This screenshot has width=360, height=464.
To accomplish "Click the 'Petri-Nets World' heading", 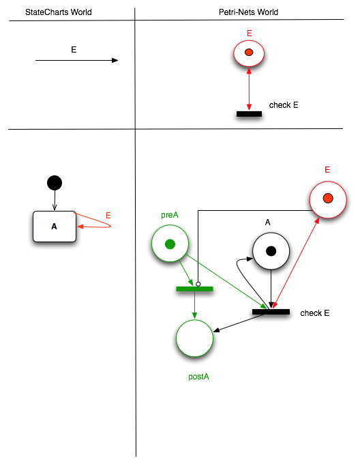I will [x=249, y=12].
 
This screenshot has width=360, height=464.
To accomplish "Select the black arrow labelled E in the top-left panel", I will [x=76, y=61].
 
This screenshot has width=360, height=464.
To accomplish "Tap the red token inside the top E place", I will [x=249, y=53].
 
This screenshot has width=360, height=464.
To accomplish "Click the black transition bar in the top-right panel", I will [x=249, y=114].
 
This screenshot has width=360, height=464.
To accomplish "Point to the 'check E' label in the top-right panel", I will [x=284, y=105].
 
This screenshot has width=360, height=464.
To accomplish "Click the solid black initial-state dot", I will [x=55, y=183].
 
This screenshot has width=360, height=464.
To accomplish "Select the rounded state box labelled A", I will [x=55, y=226].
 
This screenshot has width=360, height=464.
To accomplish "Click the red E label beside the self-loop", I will [x=108, y=216].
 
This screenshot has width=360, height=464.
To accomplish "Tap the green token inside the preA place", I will [x=170, y=244].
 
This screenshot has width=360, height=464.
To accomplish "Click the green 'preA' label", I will [x=170, y=215].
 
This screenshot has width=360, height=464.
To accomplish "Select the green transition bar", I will [x=194, y=289].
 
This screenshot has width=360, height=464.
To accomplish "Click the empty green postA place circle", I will [x=195, y=338].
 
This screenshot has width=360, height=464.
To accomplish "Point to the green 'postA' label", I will [x=198, y=376].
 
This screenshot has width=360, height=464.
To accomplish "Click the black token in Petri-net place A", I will [x=271, y=251].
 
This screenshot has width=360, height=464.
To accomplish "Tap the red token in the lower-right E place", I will [x=327, y=199].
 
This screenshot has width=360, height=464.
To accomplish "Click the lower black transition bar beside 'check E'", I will [x=271, y=312].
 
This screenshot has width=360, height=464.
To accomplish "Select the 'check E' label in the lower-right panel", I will [x=315, y=313].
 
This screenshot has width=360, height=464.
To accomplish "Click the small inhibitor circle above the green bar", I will [x=198, y=284].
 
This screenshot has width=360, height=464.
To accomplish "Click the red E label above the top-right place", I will [x=249, y=33].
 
